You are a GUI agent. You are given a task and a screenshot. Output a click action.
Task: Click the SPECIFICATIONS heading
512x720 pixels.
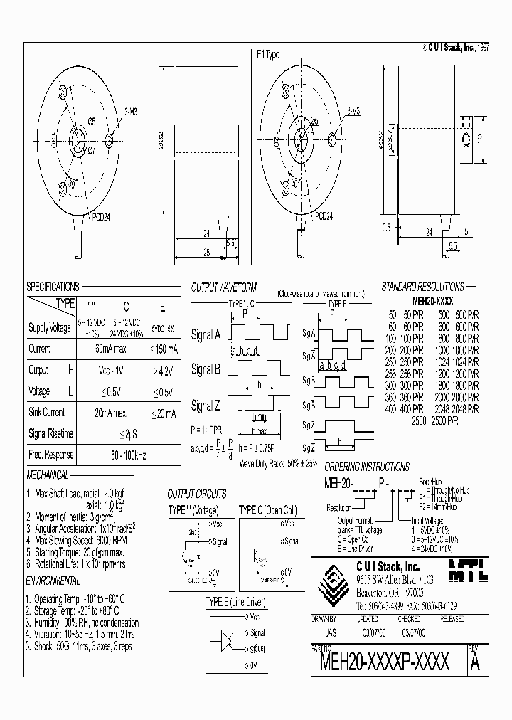[x=53, y=287]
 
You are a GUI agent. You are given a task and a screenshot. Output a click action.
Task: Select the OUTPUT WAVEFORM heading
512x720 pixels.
[x=223, y=287]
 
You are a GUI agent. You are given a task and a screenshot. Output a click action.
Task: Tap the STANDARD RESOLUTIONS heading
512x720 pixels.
[x=422, y=287]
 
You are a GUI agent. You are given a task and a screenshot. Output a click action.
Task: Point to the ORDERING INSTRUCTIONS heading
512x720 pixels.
[x=366, y=467]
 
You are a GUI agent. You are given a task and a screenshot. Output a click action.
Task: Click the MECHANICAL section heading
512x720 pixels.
[x=48, y=475]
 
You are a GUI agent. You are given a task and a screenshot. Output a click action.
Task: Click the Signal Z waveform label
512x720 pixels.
[x=207, y=406]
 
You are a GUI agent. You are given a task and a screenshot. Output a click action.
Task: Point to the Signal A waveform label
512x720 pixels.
[x=207, y=335]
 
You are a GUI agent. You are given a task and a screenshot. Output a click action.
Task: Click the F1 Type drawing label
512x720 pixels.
[x=267, y=55]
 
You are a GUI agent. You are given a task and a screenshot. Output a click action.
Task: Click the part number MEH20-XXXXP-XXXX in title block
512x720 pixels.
[x=385, y=664]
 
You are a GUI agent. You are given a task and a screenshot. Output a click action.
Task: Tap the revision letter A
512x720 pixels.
[x=475, y=664]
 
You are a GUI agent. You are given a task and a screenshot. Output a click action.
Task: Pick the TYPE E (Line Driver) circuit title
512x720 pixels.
[x=235, y=602]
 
